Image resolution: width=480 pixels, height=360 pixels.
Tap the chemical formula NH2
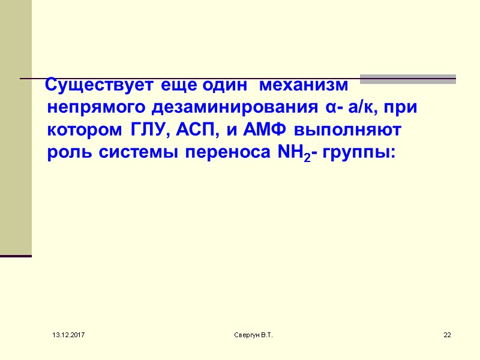click(x=293, y=152)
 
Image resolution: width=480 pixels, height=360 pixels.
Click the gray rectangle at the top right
click(x=408, y=79)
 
